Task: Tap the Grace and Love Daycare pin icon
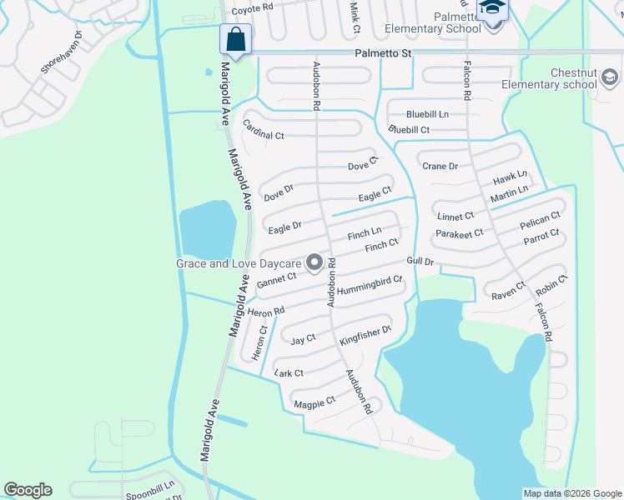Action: pos(315,263)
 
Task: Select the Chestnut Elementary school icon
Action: pos(609,78)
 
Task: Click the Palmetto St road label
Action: pos(384,53)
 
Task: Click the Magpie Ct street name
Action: pos(315,403)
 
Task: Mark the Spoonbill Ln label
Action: pos(150,487)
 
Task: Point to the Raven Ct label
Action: pos(508,291)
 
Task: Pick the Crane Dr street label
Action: pos(440,166)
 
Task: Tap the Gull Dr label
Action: pos(420,262)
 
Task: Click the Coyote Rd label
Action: pos(252,9)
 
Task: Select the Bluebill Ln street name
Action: pos(427,114)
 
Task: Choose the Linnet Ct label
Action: pos(455,217)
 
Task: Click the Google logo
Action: pos(28,490)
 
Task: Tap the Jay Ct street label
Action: pos(304,339)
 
